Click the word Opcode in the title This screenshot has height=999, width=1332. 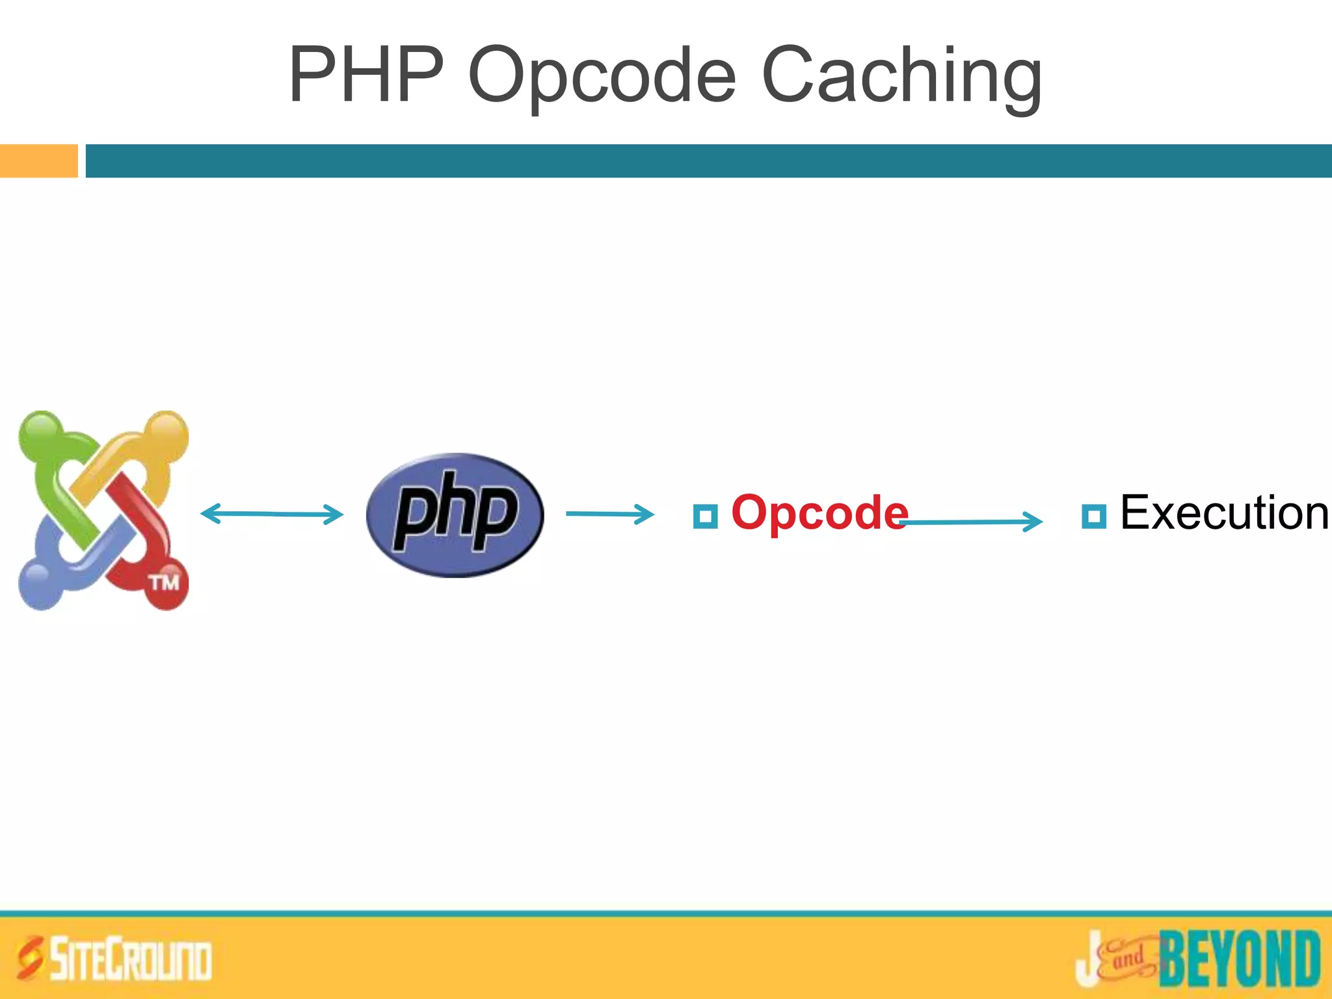602,77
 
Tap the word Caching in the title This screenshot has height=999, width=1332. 901,77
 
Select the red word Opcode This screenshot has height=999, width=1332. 819,513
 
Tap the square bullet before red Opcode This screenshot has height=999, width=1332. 705,516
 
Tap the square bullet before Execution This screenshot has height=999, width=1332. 1093,516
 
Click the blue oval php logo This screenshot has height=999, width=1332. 455,514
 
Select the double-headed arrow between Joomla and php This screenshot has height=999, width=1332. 271,514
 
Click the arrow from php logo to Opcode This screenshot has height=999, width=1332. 609,514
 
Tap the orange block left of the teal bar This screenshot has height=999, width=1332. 38,161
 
